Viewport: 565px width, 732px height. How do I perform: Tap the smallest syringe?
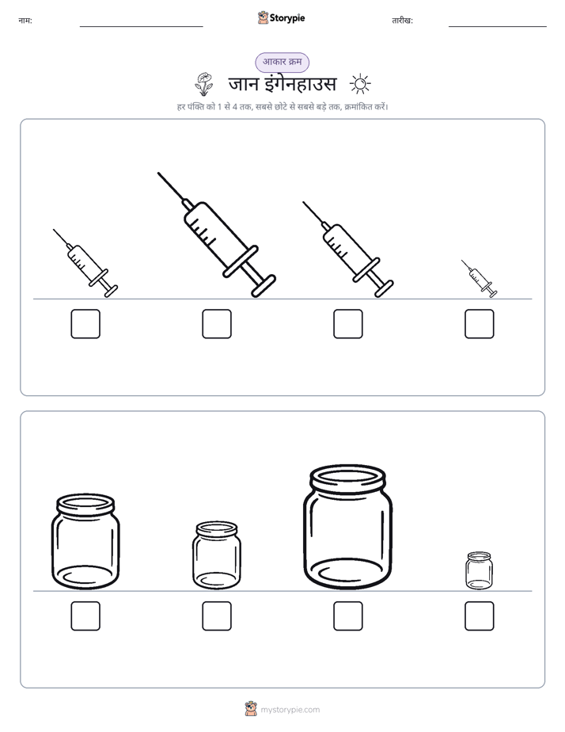480,279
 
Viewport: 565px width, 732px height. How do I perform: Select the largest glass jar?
347,527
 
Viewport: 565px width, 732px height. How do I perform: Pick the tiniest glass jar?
479,570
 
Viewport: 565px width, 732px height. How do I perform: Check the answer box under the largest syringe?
217,323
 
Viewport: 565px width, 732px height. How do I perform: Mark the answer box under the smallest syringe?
480,323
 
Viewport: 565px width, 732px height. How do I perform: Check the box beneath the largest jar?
348,616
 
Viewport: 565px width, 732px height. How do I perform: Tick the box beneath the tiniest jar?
480,616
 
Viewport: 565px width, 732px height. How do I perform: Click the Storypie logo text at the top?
287,18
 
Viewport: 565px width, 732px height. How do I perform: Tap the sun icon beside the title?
360,84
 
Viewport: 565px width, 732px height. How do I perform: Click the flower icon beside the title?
203,84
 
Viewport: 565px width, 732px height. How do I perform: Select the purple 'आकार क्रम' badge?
282,62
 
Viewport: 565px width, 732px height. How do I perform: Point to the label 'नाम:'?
25,21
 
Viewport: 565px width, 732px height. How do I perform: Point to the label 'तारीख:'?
402,21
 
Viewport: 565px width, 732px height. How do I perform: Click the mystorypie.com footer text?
290,710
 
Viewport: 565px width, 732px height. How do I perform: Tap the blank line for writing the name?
141,27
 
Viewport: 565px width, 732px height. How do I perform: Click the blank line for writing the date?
498,27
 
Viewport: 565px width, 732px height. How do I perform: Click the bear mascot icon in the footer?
251,709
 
